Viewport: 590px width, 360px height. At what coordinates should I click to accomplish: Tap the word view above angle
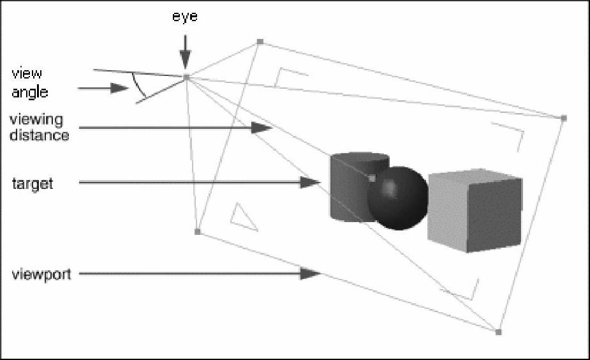click(27, 75)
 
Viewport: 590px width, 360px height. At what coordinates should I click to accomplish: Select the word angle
click(29, 92)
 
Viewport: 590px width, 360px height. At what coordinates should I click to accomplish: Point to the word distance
click(40, 135)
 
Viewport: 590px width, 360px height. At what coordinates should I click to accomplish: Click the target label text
click(32, 184)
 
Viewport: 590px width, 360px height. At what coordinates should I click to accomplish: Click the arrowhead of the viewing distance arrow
click(262, 128)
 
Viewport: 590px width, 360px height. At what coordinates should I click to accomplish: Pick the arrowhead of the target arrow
click(310, 183)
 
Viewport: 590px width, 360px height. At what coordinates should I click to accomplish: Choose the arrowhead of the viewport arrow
click(310, 274)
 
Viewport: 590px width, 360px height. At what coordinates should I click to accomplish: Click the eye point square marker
click(186, 77)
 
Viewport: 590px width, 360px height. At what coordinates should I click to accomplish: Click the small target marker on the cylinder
click(372, 178)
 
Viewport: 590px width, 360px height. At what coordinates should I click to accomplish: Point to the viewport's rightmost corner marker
click(563, 118)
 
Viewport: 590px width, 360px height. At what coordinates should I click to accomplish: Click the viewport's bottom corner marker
click(498, 332)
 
